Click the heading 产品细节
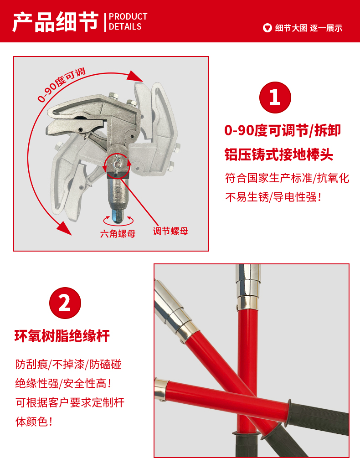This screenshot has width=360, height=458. [55, 22]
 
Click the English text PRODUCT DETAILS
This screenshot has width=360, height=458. [128, 21]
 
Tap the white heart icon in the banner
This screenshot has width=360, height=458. [267, 28]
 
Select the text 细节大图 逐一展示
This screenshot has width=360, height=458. [309, 28]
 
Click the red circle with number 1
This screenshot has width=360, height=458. [275, 97]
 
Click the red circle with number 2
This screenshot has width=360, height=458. [65, 303]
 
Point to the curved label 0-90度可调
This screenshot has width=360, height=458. [61, 85]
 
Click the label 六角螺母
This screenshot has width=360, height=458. [118, 234]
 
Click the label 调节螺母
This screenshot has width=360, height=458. [170, 232]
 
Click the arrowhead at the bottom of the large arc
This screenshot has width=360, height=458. [64, 228]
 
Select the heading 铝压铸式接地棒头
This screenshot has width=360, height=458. [279, 154]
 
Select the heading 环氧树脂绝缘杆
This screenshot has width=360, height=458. [62, 336]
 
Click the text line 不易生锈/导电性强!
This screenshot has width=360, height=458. [273, 197]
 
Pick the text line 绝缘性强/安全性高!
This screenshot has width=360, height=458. [63, 383]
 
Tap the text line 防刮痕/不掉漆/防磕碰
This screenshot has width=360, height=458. [68, 364]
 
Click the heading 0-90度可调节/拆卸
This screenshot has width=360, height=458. [283, 130]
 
